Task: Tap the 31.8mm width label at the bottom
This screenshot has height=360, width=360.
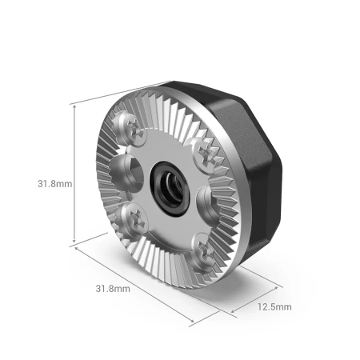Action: tap(113, 288)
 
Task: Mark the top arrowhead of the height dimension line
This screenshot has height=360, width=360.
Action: tap(74, 105)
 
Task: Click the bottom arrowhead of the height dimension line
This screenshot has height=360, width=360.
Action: tap(74, 242)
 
